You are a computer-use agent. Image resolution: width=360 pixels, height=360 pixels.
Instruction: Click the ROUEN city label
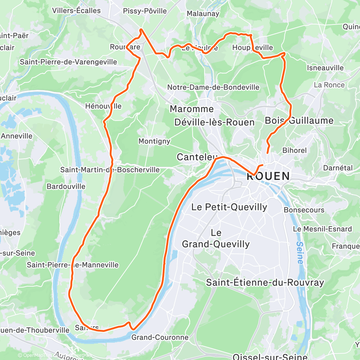[x=268, y=176]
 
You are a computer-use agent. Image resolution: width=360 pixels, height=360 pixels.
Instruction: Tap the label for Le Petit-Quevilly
[x=229, y=207]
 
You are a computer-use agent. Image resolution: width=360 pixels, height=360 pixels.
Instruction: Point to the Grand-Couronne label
[x=160, y=337]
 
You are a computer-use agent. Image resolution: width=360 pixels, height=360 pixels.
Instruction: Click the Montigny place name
[x=154, y=141]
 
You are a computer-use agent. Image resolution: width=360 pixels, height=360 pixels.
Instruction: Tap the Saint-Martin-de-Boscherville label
[x=110, y=170]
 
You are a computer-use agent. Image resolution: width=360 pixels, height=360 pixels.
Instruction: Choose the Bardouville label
[x=66, y=186]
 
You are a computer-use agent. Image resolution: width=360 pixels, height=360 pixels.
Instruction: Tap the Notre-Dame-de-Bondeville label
[x=213, y=87]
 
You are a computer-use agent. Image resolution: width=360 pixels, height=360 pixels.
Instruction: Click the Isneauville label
[x=325, y=68]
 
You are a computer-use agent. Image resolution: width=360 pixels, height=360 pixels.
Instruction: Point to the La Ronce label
[x=329, y=85]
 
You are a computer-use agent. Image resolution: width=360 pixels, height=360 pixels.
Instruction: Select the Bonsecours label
[x=304, y=210]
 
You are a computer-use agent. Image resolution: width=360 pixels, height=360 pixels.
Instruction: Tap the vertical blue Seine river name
[x=300, y=252]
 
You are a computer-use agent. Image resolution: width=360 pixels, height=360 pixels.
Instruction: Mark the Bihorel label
[x=294, y=150]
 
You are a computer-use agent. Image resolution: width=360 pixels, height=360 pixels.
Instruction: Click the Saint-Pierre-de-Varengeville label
[x=68, y=62]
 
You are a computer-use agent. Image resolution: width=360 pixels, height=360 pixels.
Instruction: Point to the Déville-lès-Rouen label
[x=214, y=122]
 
